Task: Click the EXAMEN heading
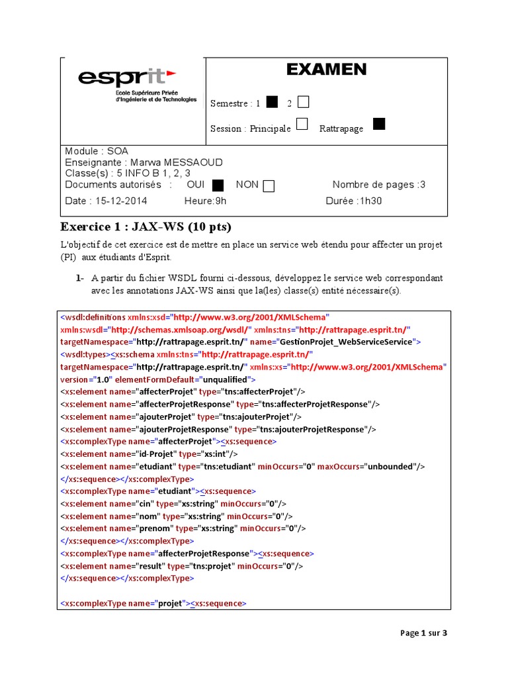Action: pyautogui.click(x=326, y=70)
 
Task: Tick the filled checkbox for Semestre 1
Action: pyautogui.click(x=272, y=102)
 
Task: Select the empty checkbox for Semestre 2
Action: pyautogui.click(x=303, y=102)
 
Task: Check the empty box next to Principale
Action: pyautogui.click(x=302, y=124)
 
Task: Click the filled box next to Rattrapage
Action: pyautogui.click(x=379, y=124)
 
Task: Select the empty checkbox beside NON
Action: pyautogui.click(x=269, y=185)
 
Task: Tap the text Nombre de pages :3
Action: pyautogui.click(x=379, y=185)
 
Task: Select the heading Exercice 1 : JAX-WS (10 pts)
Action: pyautogui.click(x=146, y=227)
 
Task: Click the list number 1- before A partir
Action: pyautogui.click(x=79, y=278)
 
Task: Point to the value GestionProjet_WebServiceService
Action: pyautogui.click(x=347, y=342)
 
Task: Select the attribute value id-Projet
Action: pyautogui.click(x=156, y=454)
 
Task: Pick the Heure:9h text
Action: pyautogui.click(x=205, y=201)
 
